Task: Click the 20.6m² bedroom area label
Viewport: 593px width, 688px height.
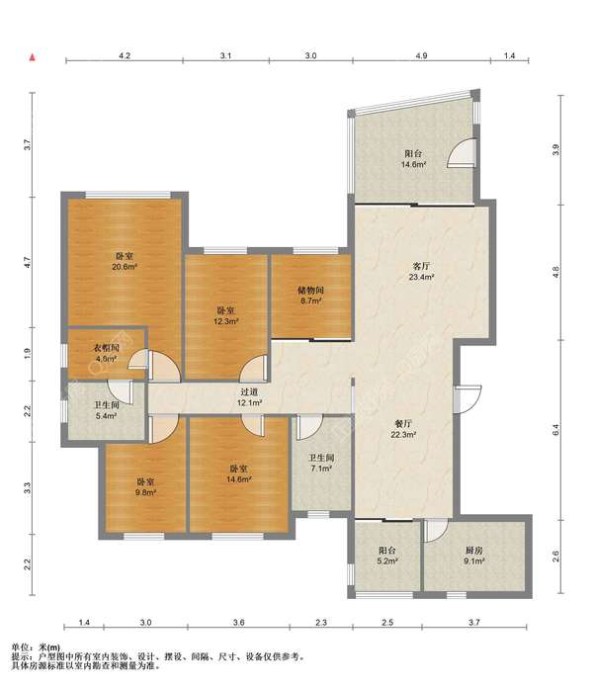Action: click(x=125, y=261)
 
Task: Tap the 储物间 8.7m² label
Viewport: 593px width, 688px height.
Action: click(x=310, y=296)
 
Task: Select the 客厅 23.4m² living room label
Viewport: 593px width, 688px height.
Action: click(x=421, y=271)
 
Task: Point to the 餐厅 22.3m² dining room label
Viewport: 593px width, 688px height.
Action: click(x=403, y=429)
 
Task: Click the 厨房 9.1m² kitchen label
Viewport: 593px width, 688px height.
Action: click(x=474, y=556)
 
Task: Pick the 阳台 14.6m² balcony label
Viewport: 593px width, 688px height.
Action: click(x=413, y=159)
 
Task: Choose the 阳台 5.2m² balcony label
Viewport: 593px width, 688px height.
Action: click(x=387, y=556)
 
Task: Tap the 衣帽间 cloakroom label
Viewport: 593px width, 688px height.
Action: click(x=106, y=348)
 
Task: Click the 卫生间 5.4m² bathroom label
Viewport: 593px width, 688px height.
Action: click(x=106, y=410)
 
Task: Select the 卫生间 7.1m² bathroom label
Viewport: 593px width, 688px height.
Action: click(x=321, y=463)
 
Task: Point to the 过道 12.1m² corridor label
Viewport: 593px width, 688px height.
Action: click(x=250, y=397)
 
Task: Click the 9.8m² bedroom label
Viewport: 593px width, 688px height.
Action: click(x=145, y=487)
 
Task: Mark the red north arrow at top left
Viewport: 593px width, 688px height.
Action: click(x=32, y=57)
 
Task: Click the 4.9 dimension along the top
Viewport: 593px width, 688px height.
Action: click(x=421, y=55)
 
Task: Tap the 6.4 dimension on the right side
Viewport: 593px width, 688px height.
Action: click(x=556, y=430)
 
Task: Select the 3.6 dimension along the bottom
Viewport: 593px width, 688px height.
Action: click(x=238, y=622)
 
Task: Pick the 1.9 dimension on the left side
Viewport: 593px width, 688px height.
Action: click(x=28, y=354)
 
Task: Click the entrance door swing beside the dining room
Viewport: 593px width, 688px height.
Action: click(x=468, y=398)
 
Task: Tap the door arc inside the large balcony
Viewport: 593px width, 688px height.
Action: click(x=461, y=152)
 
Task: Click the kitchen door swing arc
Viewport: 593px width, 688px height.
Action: click(x=437, y=530)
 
